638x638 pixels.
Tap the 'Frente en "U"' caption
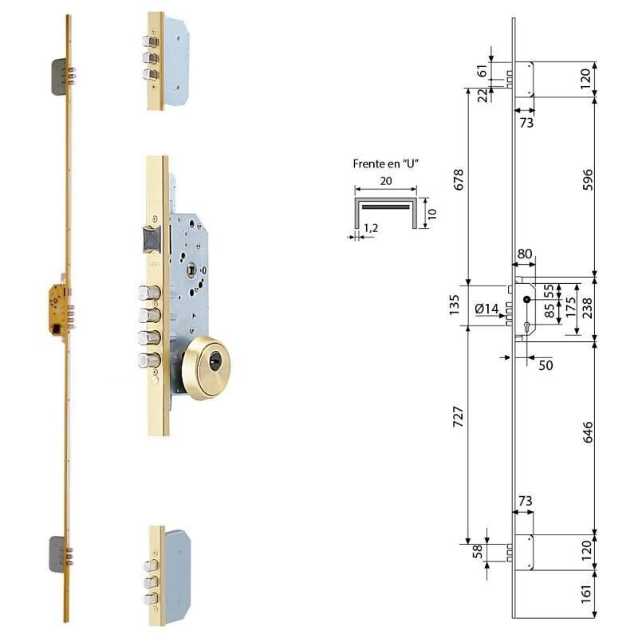coord(386,164)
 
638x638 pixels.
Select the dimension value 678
coord(459,179)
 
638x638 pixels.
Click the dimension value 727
coord(459,415)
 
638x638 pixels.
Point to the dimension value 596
coord(588,179)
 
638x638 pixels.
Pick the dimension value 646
coord(588,432)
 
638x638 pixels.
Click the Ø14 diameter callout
coord(486,309)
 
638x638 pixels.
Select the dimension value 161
coord(586,594)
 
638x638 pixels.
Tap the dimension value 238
coord(587,308)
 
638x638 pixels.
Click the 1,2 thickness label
coord(371,228)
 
